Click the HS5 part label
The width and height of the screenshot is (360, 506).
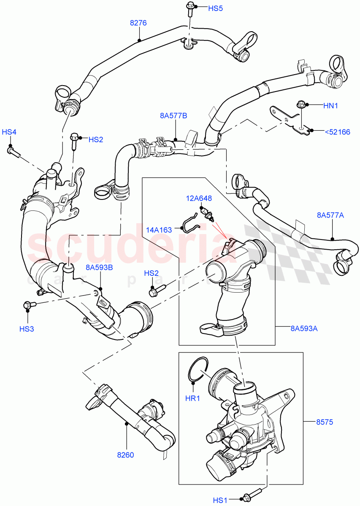tap(215, 8)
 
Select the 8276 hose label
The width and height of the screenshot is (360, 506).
tap(138, 23)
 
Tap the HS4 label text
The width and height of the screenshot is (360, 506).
tap(9, 132)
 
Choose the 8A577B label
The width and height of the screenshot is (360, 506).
tap(173, 115)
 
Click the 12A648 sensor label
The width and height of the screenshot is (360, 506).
tap(200, 198)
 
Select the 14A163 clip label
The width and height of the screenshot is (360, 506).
tap(159, 230)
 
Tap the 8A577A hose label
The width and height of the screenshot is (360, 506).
tap(330, 215)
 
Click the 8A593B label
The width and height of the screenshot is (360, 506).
tap(99, 267)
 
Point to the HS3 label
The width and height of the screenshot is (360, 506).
tap(27, 328)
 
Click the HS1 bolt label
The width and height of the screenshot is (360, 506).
tap(220, 500)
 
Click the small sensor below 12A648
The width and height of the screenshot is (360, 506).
tap(207, 214)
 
